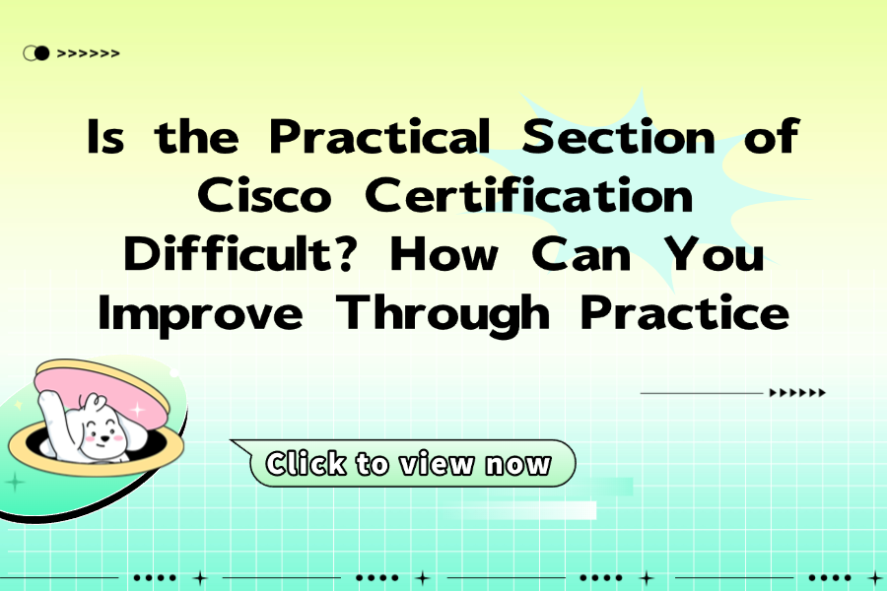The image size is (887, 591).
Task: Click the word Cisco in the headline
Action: tap(264, 195)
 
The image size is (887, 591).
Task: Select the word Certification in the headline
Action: tap(529, 194)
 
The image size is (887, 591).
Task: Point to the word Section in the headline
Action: tap(618, 136)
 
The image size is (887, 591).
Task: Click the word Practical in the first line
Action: tap(379, 136)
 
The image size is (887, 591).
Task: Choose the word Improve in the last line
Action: tap(200, 314)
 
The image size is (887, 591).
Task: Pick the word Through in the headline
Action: tap(443, 314)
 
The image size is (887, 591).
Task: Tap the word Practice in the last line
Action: tap(685, 312)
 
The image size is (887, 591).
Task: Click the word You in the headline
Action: tap(715, 253)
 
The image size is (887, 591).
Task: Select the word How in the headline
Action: tap(444, 253)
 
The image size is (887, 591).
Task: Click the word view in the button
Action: tap(437, 464)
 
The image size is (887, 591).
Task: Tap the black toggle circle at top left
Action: tap(41, 53)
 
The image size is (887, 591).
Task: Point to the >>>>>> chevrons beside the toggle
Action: tap(89, 54)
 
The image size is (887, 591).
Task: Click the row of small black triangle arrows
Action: tap(797, 392)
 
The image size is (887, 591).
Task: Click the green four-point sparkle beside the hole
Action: tap(15, 483)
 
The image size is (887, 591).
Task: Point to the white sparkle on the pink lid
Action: tap(137, 409)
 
